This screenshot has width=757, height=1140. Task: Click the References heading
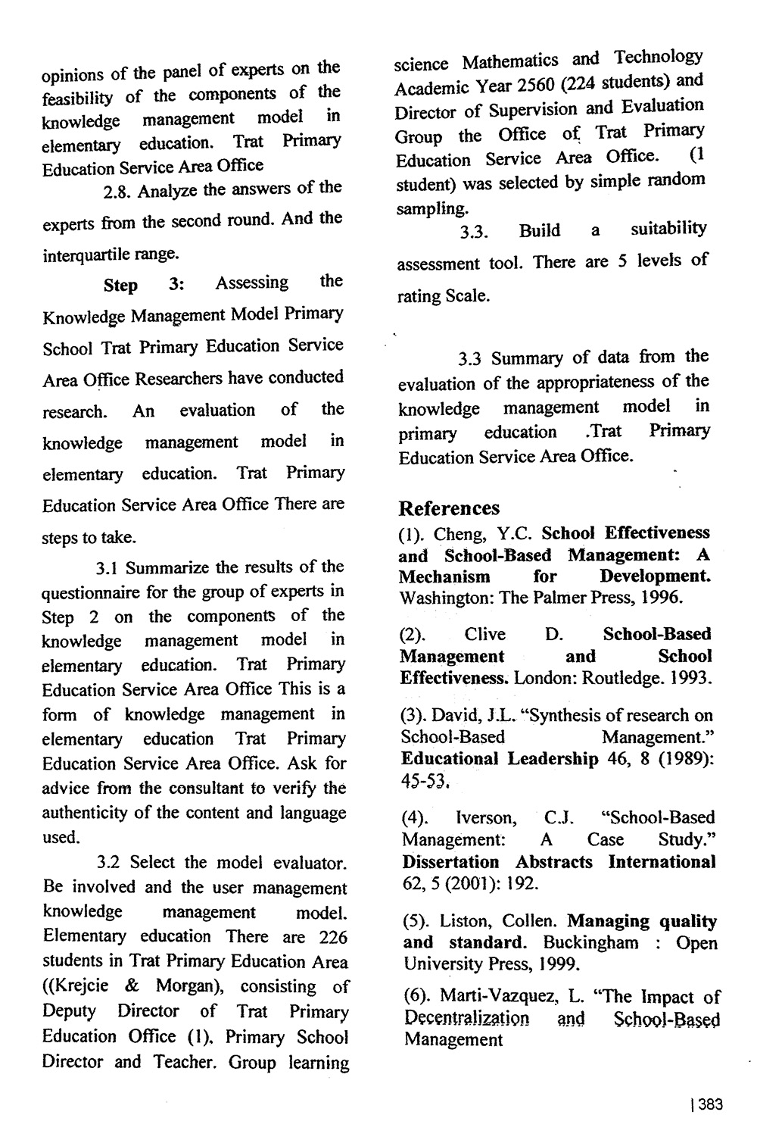point(449,508)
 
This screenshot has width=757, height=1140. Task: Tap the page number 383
point(710,1104)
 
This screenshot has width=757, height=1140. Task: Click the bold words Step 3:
point(144,286)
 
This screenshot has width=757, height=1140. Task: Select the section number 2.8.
point(118,191)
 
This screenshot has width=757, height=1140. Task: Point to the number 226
point(333,937)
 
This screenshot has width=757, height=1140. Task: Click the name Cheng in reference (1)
point(457,535)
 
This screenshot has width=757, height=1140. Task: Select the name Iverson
point(486,818)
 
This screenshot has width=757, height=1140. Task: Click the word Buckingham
point(590,943)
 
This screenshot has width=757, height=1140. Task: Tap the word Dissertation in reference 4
point(450,862)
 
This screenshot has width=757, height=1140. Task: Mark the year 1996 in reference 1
point(662,597)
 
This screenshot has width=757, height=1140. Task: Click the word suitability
point(668,229)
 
